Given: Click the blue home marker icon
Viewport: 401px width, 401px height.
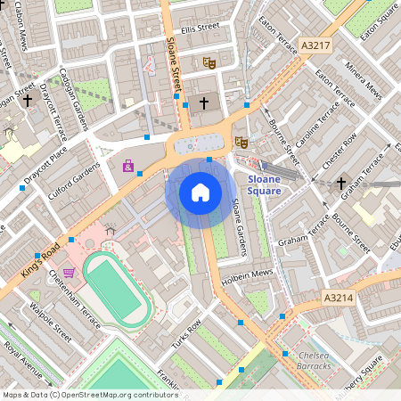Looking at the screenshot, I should pos(200,192).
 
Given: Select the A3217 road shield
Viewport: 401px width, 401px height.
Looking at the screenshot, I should pos(316,45).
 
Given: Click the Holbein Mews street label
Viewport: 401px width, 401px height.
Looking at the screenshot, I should pos(249,274).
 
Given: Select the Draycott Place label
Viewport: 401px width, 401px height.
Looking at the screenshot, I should pos(45,164).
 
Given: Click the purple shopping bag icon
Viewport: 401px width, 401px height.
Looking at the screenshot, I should pos(129,166).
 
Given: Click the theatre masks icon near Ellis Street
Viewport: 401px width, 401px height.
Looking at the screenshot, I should pos(209,62).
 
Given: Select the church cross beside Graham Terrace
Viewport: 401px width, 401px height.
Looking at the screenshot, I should pos(340,184).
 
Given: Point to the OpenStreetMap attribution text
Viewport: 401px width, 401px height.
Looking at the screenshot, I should pos(89,394).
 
